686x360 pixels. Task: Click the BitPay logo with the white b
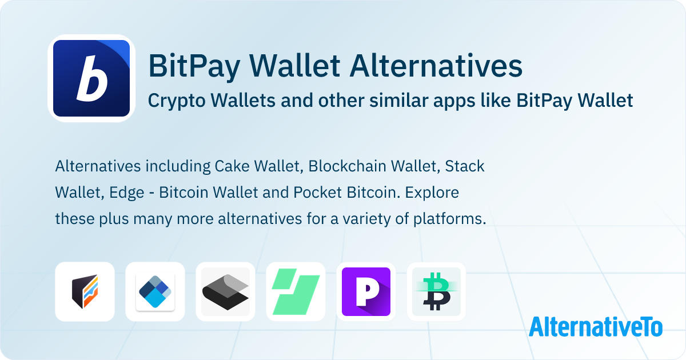click(x=91, y=78)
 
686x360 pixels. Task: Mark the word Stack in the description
click(x=465, y=166)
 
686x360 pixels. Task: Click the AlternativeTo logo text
click(x=596, y=326)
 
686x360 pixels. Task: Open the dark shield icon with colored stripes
click(x=85, y=291)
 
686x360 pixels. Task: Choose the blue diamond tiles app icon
click(x=155, y=291)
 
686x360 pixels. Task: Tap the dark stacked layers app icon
click(x=225, y=291)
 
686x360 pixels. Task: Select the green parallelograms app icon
click(x=296, y=291)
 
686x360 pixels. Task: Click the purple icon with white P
click(x=366, y=291)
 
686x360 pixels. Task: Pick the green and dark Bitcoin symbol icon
click(x=436, y=291)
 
